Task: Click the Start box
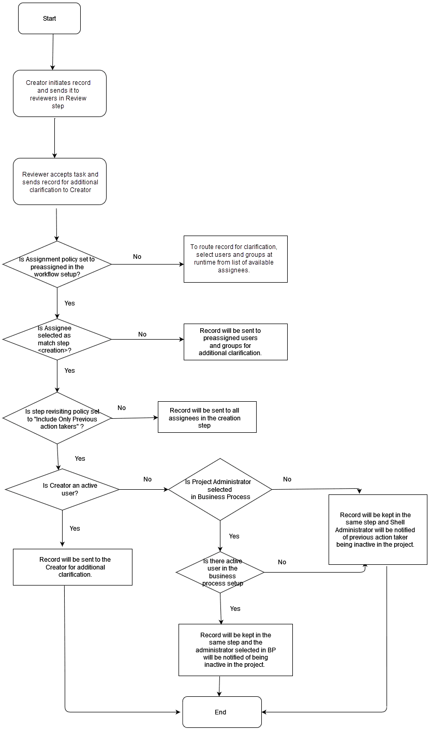point(49,19)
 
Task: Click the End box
point(221,712)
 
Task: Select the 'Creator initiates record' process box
point(60,94)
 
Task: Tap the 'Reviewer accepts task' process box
point(60,182)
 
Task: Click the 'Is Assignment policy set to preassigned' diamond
point(57,264)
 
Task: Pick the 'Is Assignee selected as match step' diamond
point(57,340)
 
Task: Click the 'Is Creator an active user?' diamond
point(62,489)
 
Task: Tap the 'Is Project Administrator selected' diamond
point(220,489)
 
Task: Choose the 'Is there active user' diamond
point(220,572)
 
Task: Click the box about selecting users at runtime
point(235,259)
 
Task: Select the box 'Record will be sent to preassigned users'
point(235,342)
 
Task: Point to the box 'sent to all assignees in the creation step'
point(206,417)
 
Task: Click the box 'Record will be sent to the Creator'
point(72,567)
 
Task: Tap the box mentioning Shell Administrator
point(378,529)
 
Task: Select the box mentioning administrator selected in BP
point(235,650)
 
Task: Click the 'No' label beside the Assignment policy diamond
point(137,257)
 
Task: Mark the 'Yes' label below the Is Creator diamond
point(75,529)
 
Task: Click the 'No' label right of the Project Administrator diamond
point(287,479)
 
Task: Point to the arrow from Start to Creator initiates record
point(52,52)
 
